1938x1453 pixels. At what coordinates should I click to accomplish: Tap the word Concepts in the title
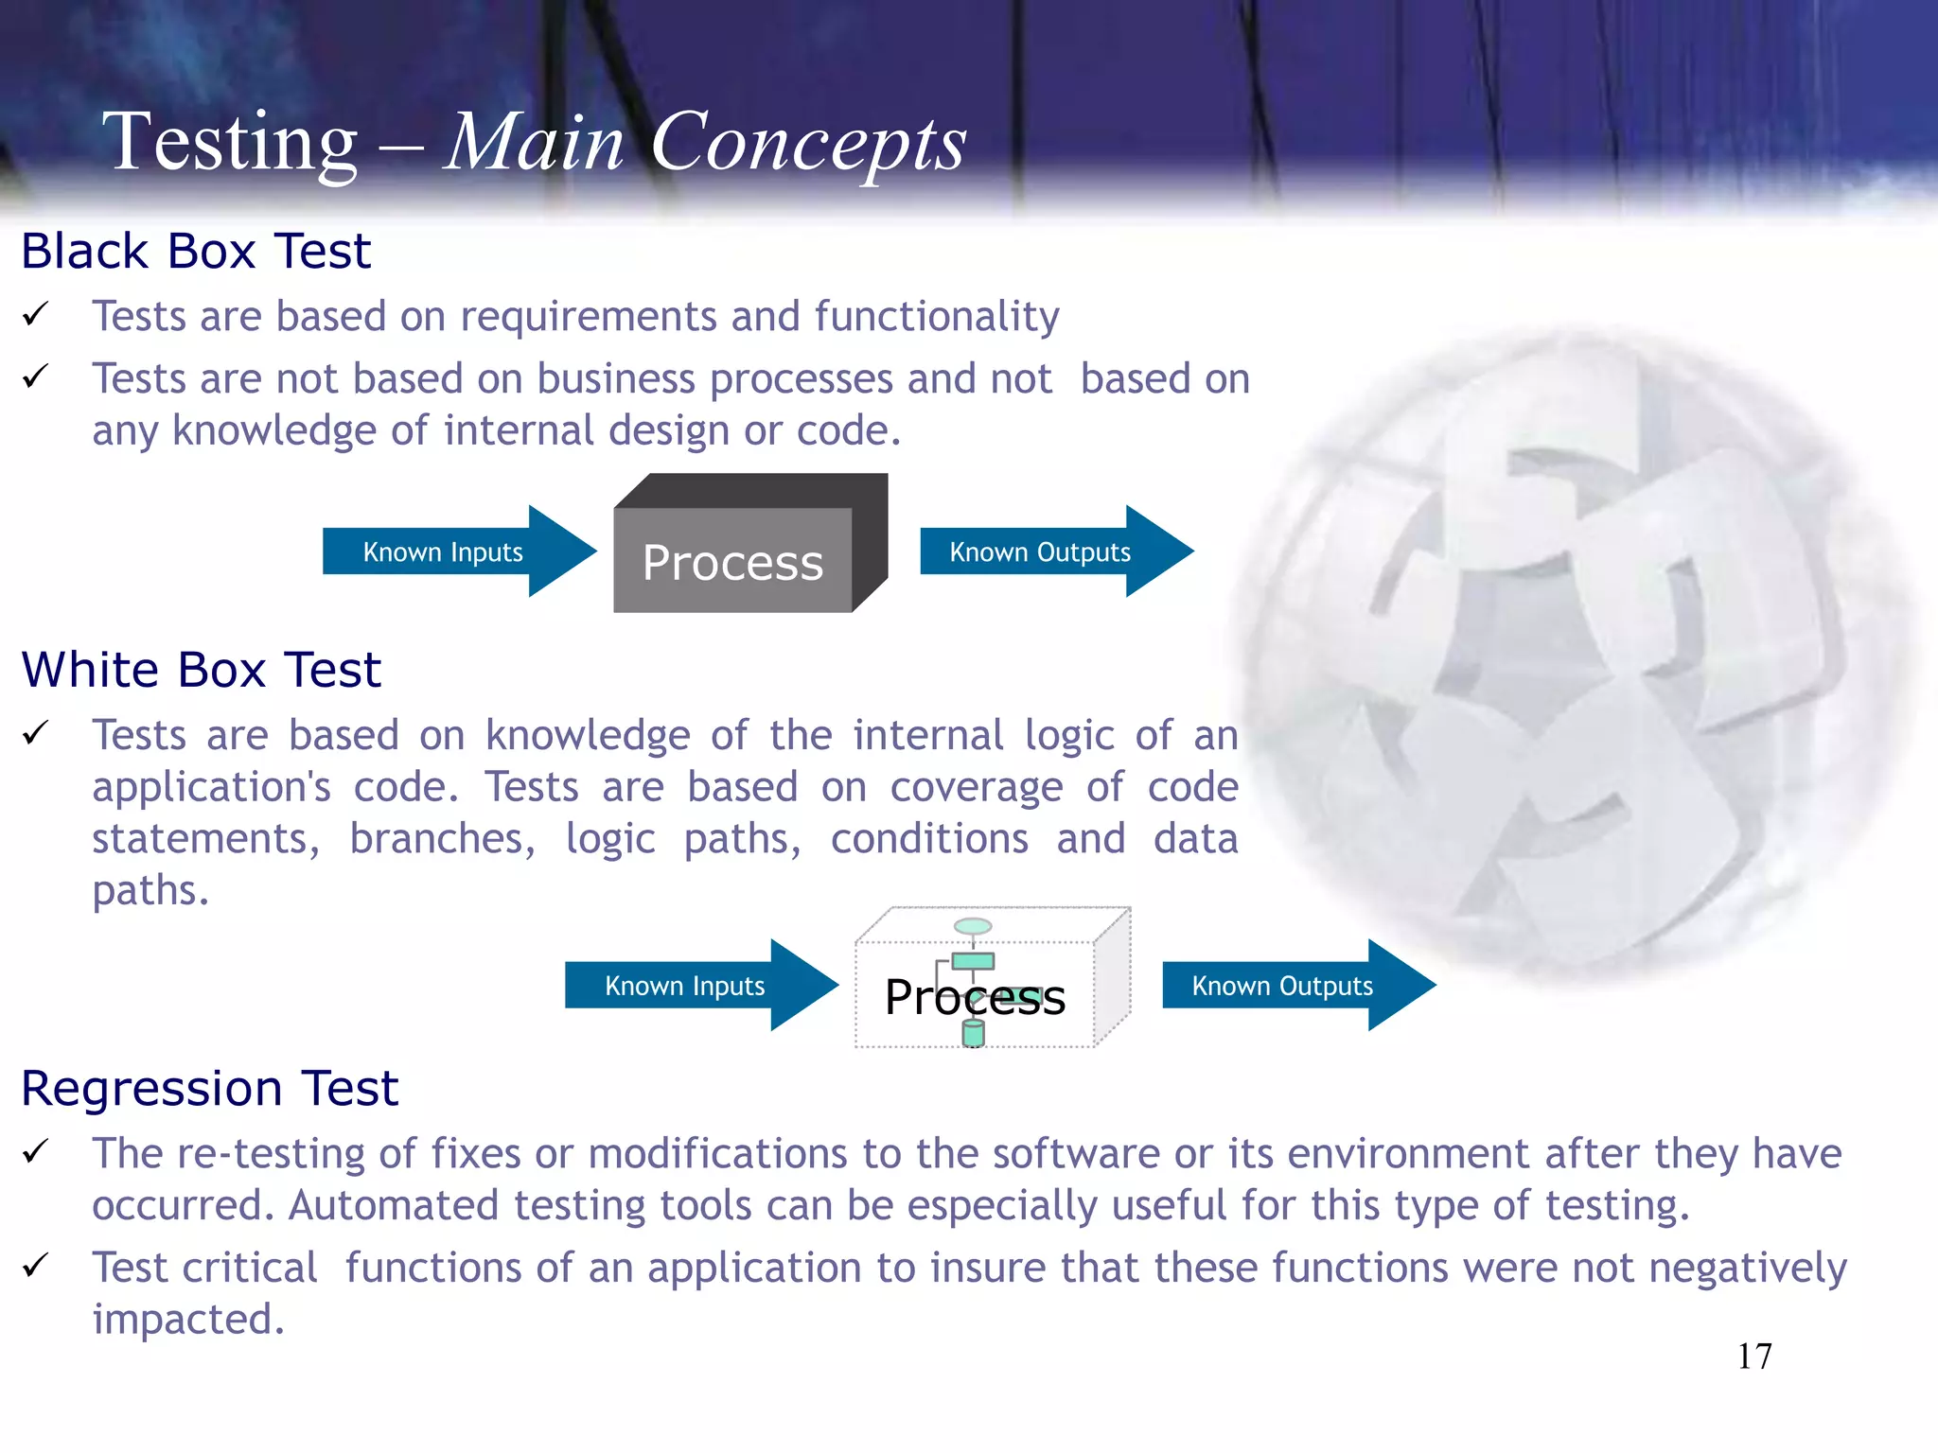tap(809, 144)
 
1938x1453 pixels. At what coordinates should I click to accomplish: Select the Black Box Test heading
tap(196, 252)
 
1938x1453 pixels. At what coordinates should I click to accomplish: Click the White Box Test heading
tap(201, 670)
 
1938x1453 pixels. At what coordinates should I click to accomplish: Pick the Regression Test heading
tap(209, 1089)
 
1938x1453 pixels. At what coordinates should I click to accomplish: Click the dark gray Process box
tap(733, 561)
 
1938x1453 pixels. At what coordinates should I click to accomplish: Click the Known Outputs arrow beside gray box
tap(1041, 551)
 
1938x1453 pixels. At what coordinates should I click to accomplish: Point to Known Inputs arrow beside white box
tap(685, 986)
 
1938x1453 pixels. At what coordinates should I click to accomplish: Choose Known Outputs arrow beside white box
tap(1283, 986)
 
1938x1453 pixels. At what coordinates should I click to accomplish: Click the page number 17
tap(1754, 1357)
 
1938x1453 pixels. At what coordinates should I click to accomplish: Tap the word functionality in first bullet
tap(937, 317)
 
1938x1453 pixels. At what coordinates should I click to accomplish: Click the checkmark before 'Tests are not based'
tap(36, 377)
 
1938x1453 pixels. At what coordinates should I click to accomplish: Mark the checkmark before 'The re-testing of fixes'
tap(36, 1151)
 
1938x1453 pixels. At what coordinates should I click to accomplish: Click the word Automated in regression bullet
tap(393, 1206)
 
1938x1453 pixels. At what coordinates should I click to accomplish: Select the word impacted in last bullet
tap(187, 1320)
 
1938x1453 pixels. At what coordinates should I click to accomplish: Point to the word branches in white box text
tap(441, 839)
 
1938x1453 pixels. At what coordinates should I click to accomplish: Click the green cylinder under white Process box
tap(974, 1033)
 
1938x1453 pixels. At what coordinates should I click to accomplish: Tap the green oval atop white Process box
tap(973, 926)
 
